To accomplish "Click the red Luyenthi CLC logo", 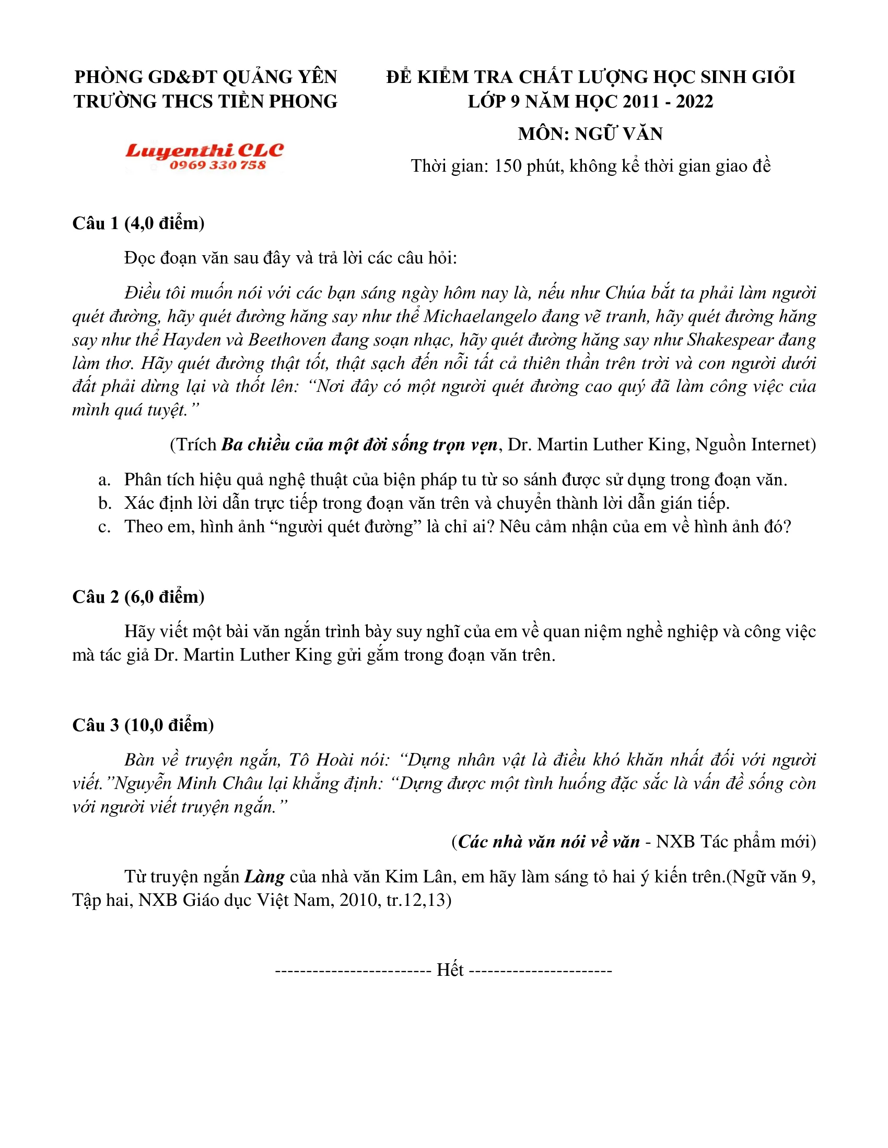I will [204, 151].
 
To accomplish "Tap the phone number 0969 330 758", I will [217, 165].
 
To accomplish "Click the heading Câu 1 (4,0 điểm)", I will [138, 223].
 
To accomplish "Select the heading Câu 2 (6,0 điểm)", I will [138, 596].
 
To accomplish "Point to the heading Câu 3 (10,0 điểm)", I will [143, 725].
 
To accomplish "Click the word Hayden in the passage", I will [192, 340].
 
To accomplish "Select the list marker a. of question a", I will [104, 480].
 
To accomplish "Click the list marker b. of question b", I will [104, 504].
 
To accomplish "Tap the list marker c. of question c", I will [104, 527].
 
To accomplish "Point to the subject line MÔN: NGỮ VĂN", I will [590, 134].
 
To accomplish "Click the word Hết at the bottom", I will [450, 970].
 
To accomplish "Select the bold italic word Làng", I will [264, 877].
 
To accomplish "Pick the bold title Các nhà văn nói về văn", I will [548, 842].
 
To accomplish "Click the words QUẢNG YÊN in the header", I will [280, 77].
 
